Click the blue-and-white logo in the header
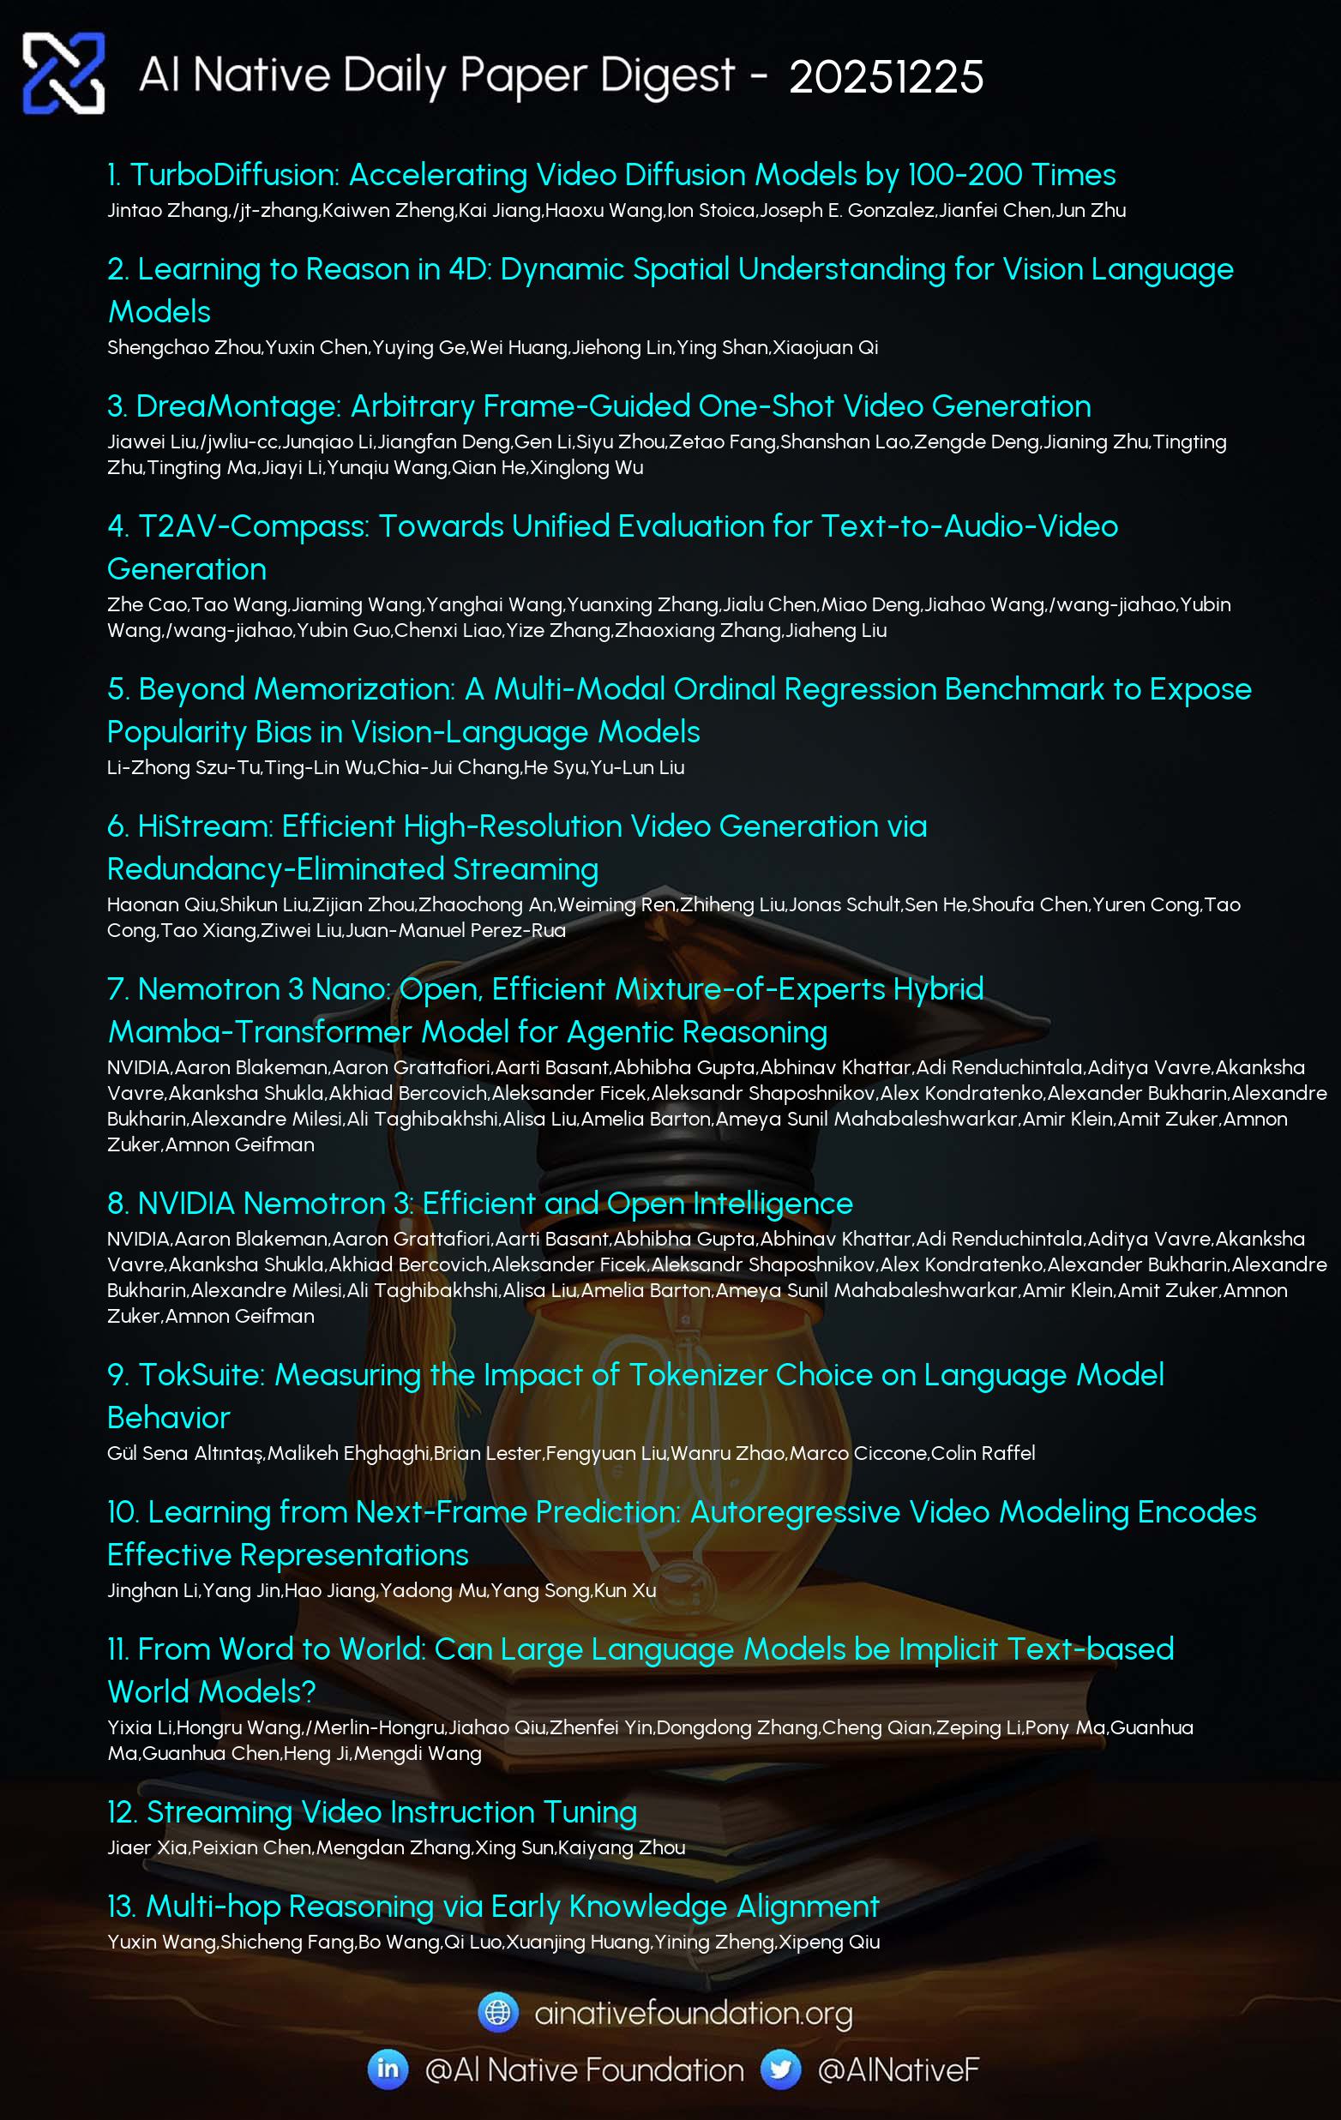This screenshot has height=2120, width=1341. click(63, 74)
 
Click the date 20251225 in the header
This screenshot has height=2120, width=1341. click(886, 77)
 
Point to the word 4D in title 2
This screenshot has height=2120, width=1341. click(469, 269)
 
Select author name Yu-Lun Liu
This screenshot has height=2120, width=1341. click(637, 768)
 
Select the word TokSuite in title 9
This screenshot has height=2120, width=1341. click(201, 1375)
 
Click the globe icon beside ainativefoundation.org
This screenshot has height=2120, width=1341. click(498, 2013)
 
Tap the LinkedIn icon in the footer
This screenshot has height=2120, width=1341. click(388, 2069)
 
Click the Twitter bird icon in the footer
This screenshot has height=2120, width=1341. click(780, 2069)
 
